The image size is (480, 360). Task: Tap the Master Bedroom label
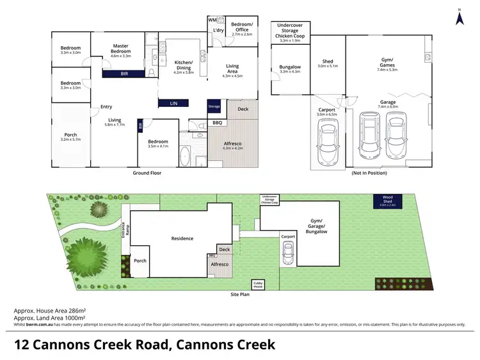click(121, 51)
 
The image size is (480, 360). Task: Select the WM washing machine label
click(212, 20)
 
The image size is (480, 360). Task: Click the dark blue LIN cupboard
click(173, 102)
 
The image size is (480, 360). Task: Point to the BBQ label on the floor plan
click(217, 122)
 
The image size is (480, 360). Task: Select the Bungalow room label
click(290, 69)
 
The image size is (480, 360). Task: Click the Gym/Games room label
click(388, 63)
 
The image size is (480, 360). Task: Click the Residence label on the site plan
click(182, 238)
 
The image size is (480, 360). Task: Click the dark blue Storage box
click(213, 106)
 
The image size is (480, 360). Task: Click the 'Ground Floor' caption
click(146, 173)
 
